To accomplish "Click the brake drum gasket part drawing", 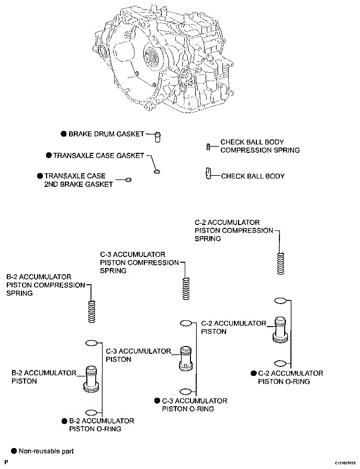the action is coord(157,137).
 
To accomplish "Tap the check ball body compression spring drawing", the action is coord(209,147).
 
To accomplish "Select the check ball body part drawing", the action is coord(208,173).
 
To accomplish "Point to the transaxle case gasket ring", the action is coord(156,172).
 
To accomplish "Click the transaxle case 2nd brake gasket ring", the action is coord(128,180).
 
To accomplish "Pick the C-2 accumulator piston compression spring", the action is coord(280,263).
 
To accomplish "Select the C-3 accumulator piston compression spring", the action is coord(186,288).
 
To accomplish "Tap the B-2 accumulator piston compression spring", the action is coord(92,311).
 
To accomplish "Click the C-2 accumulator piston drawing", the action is coord(280,329).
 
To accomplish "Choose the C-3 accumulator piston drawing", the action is coord(186,359).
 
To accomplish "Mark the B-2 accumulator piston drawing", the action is coord(91,378).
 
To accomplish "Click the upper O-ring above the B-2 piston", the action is coord(92,343).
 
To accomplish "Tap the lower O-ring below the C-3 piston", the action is coord(186,392).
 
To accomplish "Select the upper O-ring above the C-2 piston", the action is coord(280,300).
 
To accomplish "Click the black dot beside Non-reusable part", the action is coord(14,451).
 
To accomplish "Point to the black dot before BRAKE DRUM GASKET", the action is coord(63,134).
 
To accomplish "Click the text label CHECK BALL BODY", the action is coord(253,176).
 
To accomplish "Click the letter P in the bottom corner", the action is coord(6,462).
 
